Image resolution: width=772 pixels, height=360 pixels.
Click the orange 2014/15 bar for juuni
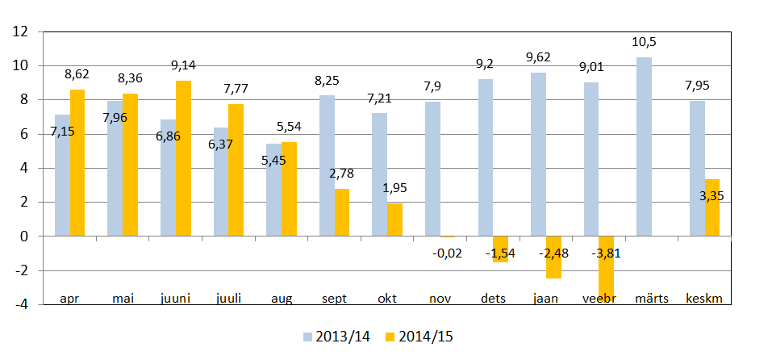coord(183,158)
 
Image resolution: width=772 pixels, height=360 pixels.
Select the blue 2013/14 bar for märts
coord(643,147)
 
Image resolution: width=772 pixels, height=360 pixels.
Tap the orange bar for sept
coord(342,212)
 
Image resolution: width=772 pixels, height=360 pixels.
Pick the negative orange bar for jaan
coord(553,257)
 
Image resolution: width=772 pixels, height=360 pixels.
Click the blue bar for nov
coord(432,169)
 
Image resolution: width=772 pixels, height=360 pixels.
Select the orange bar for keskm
coord(712,207)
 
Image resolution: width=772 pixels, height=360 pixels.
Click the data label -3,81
coord(606,254)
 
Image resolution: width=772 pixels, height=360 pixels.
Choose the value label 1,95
coord(394,188)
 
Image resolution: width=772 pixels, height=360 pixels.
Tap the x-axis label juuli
coord(229,299)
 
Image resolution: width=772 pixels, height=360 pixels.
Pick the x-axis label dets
coord(493,299)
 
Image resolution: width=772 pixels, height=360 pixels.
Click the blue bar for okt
coord(379,174)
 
